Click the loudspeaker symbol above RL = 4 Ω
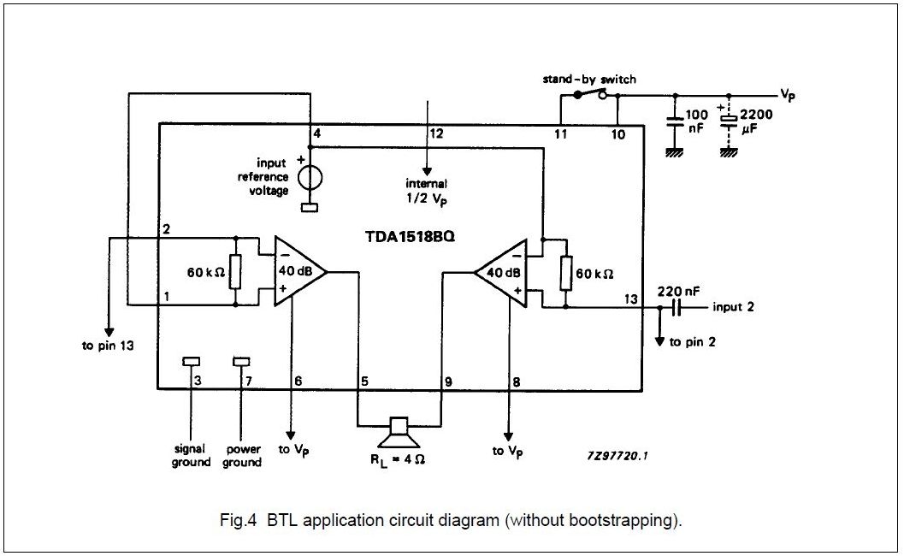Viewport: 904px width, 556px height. (x=398, y=434)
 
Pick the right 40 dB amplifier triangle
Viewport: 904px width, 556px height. (x=500, y=272)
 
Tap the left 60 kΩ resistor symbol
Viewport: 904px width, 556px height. (x=235, y=271)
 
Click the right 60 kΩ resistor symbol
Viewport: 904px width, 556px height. (x=565, y=274)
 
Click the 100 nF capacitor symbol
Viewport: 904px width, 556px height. (x=675, y=123)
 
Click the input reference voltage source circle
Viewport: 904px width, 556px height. (x=310, y=177)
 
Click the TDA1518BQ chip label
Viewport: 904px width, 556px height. (x=410, y=236)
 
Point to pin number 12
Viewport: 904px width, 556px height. (x=436, y=133)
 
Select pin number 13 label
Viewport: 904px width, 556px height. (x=631, y=299)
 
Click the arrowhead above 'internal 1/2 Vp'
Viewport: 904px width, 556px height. (x=427, y=171)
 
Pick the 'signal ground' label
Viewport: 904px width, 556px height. (x=190, y=456)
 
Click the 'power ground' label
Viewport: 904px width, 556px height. (x=242, y=456)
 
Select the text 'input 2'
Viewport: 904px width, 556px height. (x=733, y=307)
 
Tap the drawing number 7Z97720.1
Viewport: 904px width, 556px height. (x=617, y=456)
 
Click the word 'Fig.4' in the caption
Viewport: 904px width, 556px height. (x=237, y=520)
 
